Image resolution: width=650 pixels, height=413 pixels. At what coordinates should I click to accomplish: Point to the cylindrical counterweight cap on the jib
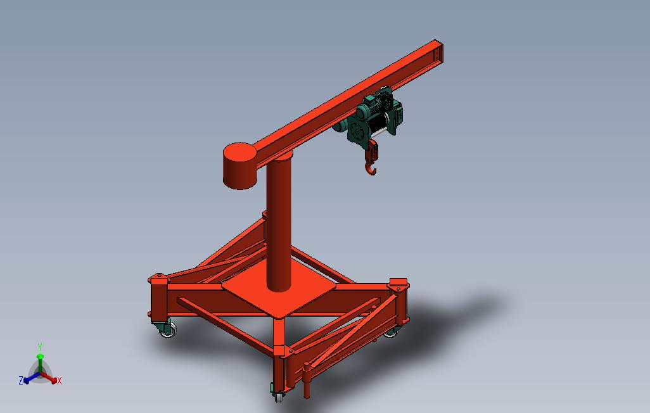tap(239, 165)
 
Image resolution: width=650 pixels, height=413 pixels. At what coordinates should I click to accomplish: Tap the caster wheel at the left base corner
tap(168, 329)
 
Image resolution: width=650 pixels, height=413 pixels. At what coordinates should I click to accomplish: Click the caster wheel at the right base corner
tap(390, 330)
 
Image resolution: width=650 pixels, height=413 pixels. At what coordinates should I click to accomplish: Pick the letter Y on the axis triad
tap(40, 346)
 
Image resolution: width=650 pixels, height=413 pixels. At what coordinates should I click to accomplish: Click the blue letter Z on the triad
tap(21, 380)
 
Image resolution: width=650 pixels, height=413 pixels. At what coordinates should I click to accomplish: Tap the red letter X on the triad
tap(59, 381)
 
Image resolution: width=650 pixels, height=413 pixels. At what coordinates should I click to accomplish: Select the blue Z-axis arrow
tap(29, 378)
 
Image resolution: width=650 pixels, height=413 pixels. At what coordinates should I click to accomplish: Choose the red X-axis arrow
tap(51, 379)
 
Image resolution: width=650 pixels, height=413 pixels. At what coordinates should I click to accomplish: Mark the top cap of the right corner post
tap(398, 283)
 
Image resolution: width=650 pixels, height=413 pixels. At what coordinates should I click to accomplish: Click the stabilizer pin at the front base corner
tap(307, 380)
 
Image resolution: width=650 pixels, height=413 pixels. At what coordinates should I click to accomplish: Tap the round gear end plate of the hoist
tap(355, 131)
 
